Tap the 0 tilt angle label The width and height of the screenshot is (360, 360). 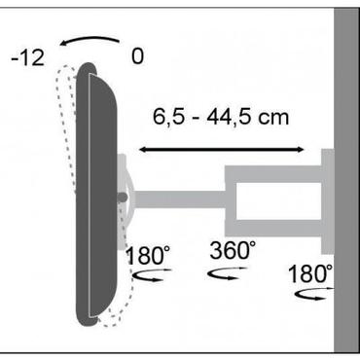click(x=137, y=56)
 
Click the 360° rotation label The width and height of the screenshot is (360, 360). click(x=234, y=250)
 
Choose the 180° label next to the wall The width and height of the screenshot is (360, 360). click(x=310, y=270)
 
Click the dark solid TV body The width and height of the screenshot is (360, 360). click(x=98, y=195)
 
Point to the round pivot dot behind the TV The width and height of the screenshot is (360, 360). click(x=122, y=198)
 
